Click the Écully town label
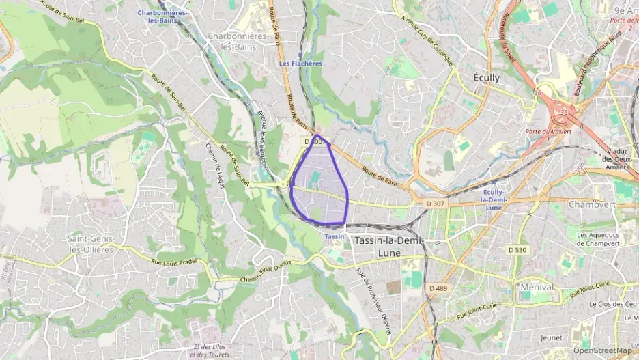486,77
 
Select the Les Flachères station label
300,64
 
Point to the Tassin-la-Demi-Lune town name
388,247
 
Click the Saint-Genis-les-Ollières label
91,244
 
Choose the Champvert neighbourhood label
592,204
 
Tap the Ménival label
536,287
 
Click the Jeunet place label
551,337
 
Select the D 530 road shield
518,250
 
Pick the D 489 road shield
438,288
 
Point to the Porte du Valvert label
548,131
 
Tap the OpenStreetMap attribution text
602,350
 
